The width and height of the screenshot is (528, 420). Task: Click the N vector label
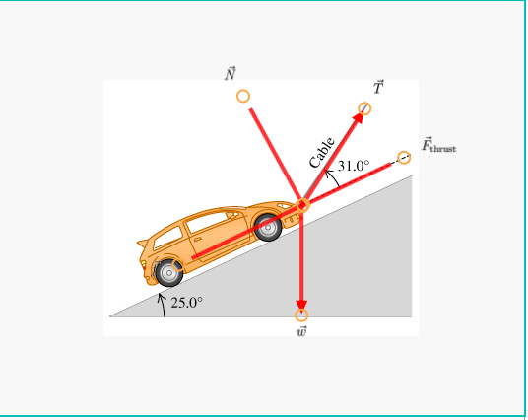[231, 74]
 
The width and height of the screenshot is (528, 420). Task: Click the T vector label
[378, 87]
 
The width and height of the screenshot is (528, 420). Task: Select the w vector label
[301, 331]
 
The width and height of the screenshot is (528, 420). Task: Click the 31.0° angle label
[353, 166]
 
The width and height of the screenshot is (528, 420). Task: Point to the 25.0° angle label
[186, 302]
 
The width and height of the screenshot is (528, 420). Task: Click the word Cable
[322, 152]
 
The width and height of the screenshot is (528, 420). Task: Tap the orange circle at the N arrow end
[243, 97]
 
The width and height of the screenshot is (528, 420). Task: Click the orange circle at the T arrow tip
[365, 107]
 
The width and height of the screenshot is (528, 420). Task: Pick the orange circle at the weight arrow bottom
[301, 315]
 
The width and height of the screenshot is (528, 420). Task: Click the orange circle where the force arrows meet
[302, 205]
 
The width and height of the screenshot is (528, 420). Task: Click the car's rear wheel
[169, 272]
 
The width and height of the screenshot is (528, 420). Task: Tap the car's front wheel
[268, 227]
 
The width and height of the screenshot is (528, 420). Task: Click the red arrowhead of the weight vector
[301, 300]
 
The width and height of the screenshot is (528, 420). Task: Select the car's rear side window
[166, 238]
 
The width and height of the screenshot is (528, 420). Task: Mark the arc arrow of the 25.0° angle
[162, 303]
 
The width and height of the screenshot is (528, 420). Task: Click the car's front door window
[207, 222]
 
